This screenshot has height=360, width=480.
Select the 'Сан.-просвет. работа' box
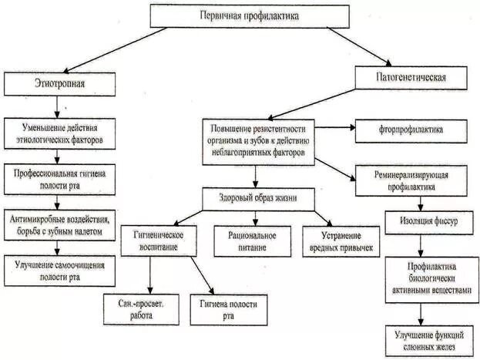point(138,309)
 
